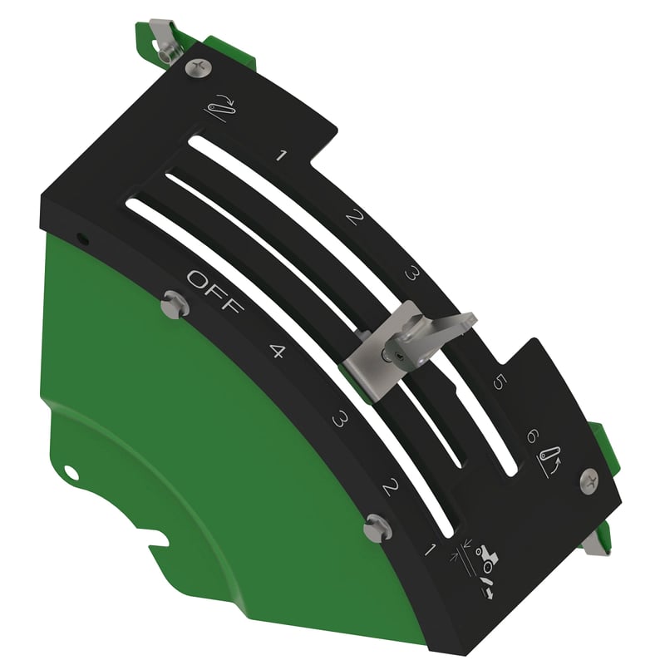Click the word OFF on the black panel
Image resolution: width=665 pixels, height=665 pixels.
tap(215, 292)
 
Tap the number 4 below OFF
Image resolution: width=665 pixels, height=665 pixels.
tap(278, 351)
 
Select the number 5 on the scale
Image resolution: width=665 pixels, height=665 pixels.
tap(500, 382)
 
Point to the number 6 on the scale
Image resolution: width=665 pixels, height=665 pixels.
tap(533, 436)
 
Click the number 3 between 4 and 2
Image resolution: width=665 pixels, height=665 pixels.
tap(340, 420)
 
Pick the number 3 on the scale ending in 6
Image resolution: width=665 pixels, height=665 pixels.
tap(412, 273)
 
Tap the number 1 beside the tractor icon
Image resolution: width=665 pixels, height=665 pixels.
tap(431, 549)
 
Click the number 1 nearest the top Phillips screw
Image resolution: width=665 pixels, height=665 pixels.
tap(281, 155)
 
